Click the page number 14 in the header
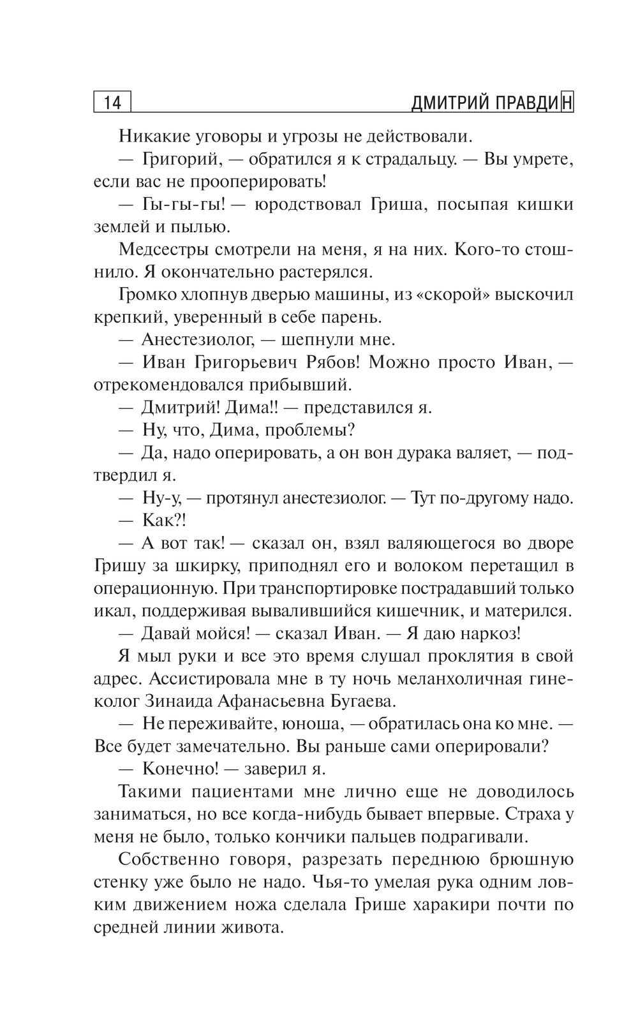tap(112, 103)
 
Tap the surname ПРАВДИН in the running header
tap(533, 103)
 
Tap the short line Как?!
tap(163, 521)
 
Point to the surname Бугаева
tap(364, 702)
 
